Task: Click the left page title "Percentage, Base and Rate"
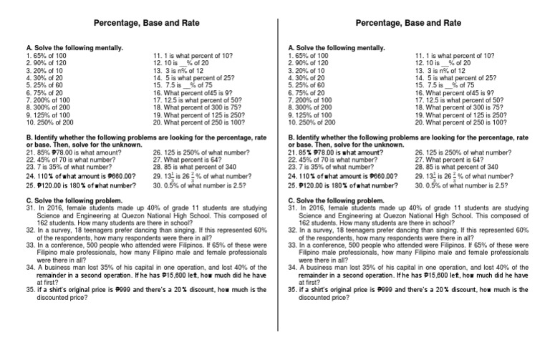[147, 23]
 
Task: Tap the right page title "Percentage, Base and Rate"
[408, 23]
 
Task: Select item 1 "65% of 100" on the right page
[309, 55]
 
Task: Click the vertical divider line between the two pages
[276, 179]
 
